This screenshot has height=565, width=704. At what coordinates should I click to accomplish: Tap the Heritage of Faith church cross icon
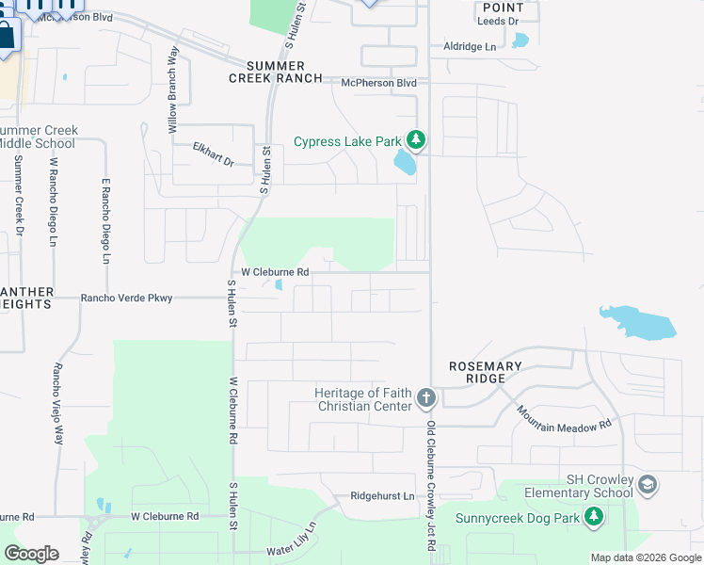425,397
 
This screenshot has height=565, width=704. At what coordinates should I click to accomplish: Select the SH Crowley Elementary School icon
647,485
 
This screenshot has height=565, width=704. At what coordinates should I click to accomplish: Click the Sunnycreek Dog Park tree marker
593,516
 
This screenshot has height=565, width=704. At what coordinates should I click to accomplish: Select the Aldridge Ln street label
470,46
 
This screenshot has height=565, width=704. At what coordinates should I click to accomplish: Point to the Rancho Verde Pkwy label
127,299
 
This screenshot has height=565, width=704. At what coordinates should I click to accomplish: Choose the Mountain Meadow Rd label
564,418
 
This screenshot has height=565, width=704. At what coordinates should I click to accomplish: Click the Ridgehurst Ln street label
382,495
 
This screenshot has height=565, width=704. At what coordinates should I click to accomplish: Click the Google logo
31,553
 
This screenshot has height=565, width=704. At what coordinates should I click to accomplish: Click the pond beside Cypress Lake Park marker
405,164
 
